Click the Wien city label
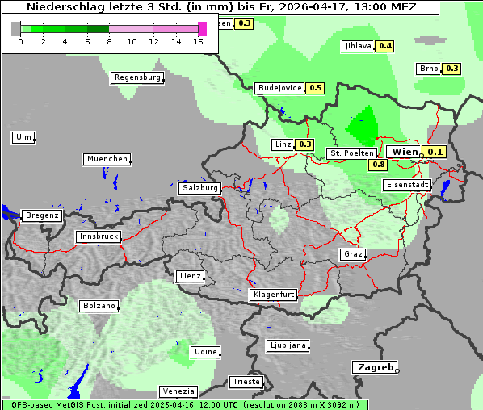click(x=404, y=152)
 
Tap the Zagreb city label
click(x=374, y=367)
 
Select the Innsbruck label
click(x=99, y=237)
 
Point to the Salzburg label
click(x=199, y=188)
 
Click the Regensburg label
click(x=137, y=77)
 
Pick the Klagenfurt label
click(x=273, y=295)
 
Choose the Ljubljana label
click(x=287, y=345)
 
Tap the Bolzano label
click(x=99, y=306)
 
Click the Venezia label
click(x=177, y=391)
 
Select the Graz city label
click(x=352, y=254)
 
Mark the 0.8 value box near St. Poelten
click(x=378, y=165)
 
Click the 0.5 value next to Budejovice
click(x=315, y=88)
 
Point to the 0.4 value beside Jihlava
click(x=385, y=46)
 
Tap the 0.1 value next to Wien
click(x=435, y=152)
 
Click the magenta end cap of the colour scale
click(x=202, y=28)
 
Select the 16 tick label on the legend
click(x=199, y=41)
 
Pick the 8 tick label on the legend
click(x=109, y=41)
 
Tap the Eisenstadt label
click(x=406, y=185)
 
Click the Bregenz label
click(x=42, y=215)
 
